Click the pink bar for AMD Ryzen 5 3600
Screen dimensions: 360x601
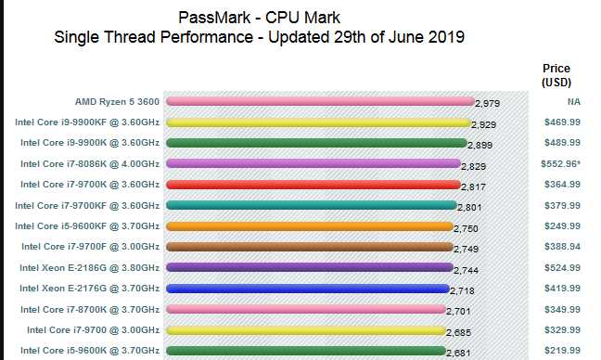click(320, 101)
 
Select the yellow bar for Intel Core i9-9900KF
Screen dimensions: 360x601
click(318, 122)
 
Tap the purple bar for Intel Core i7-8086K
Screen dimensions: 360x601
click(313, 163)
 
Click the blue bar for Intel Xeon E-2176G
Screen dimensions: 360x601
click(307, 289)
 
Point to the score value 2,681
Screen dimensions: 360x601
click(459, 353)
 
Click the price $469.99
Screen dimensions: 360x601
click(562, 122)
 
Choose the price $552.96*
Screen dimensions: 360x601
click(562, 163)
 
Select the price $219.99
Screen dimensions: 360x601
click(562, 350)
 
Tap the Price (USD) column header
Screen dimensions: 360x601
click(556, 75)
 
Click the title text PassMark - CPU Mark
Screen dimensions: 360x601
click(259, 18)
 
